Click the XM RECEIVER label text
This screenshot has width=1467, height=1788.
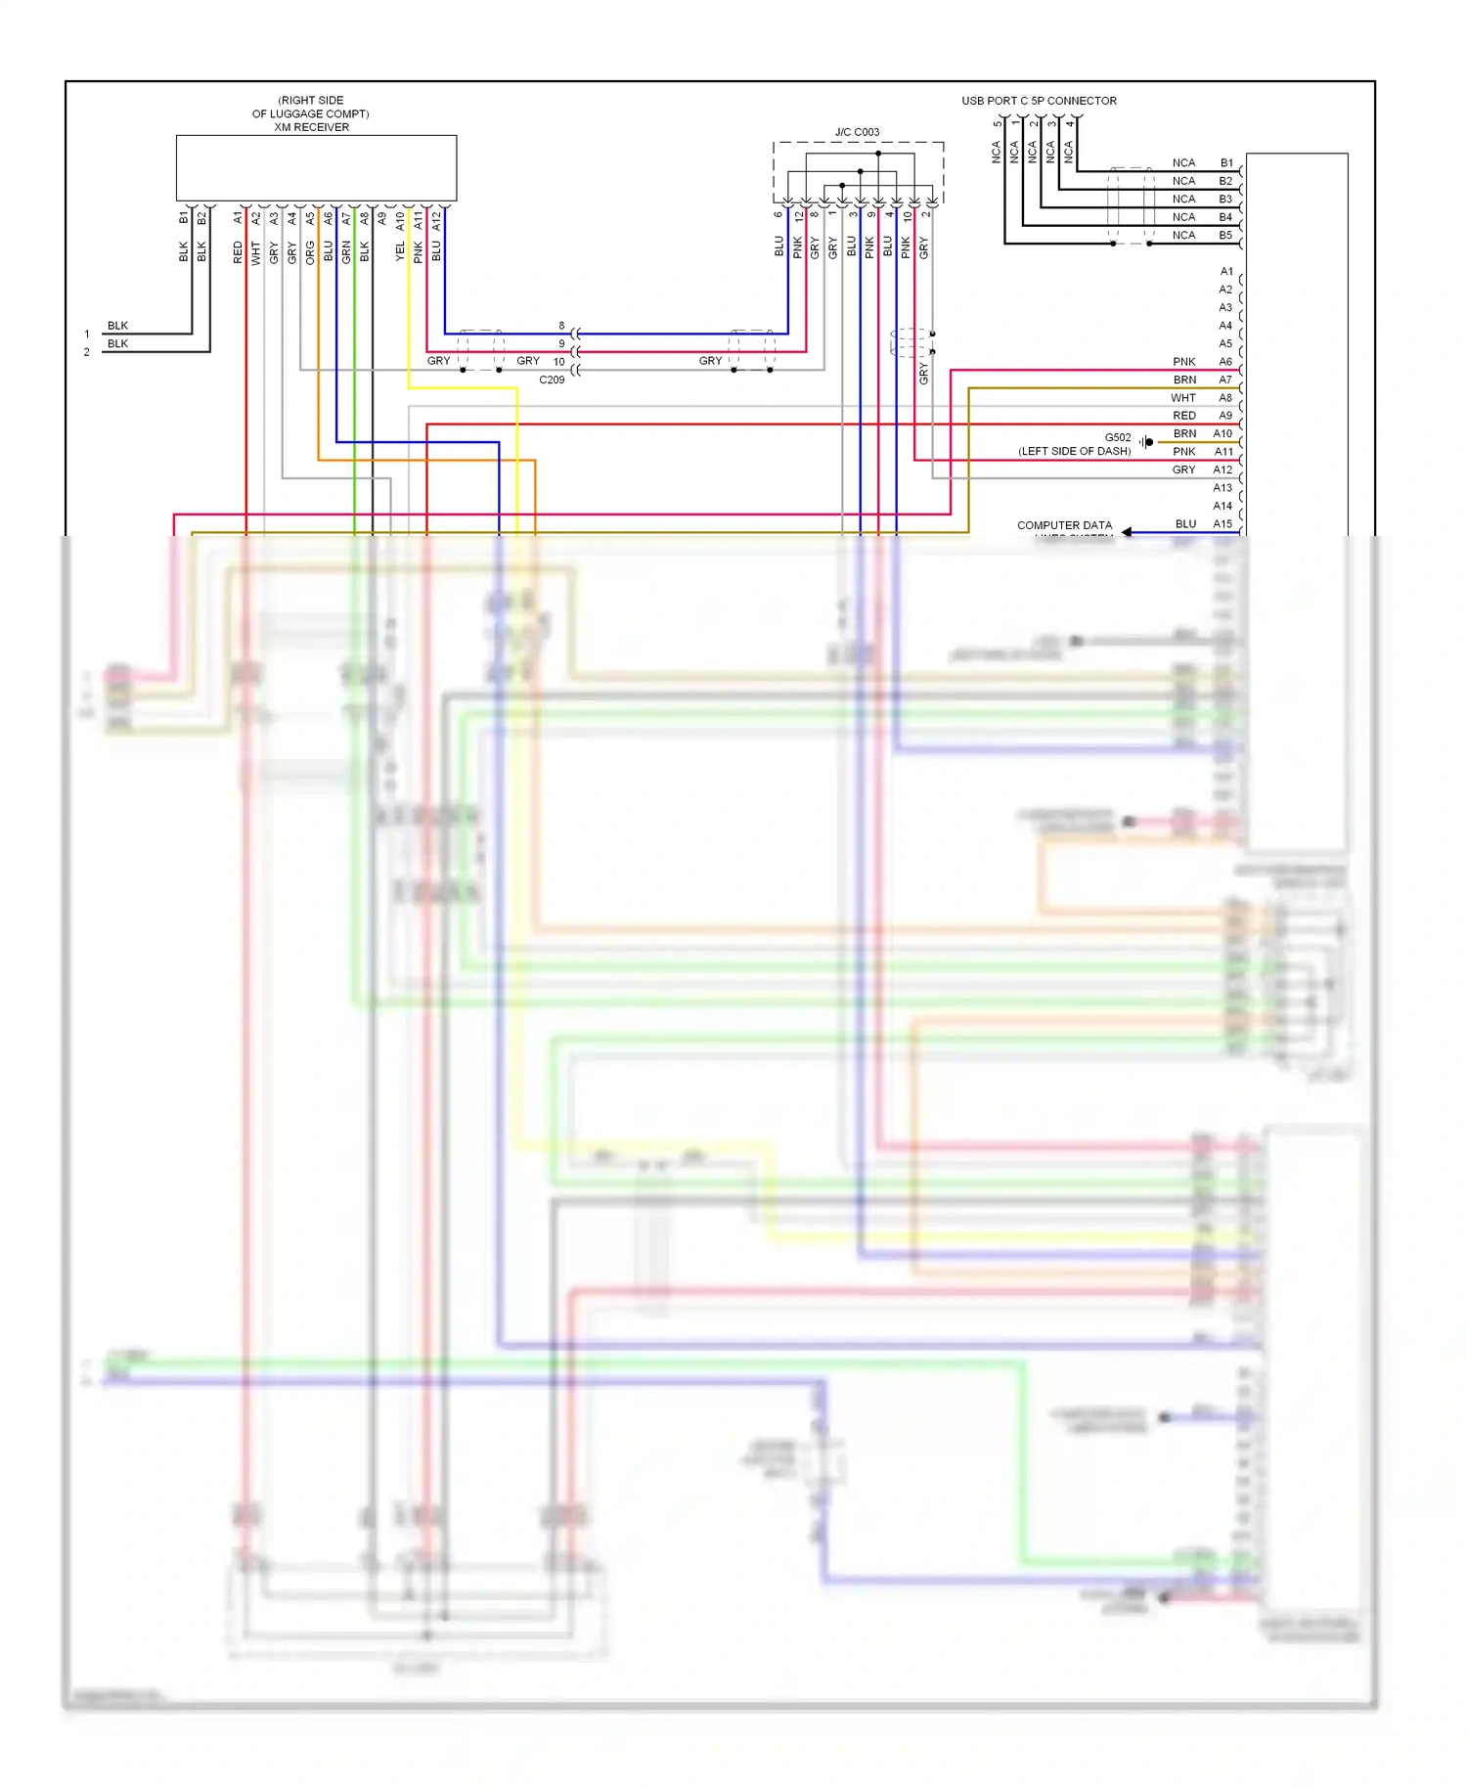tap(311, 127)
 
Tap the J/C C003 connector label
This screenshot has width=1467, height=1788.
tap(857, 132)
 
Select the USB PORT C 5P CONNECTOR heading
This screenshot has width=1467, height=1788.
tap(1039, 101)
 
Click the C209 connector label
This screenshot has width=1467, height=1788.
tap(552, 380)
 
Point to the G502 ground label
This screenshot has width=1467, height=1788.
tap(1118, 437)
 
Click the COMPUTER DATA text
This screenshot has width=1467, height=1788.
tap(1064, 525)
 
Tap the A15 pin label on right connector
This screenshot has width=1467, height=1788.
tap(1222, 524)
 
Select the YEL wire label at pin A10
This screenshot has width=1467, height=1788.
tap(400, 251)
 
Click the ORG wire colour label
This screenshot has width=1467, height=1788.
tap(310, 252)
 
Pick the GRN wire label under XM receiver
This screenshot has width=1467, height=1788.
tap(346, 252)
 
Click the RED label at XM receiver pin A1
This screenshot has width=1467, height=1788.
tap(238, 253)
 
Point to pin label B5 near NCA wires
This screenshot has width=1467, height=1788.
tap(1225, 236)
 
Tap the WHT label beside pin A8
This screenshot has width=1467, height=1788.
tap(1183, 398)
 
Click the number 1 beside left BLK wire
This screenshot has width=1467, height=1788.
tap(87, 335)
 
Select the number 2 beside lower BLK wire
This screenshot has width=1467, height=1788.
tap(87, 352)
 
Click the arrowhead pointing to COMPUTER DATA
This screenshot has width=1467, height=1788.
tap(1127, 532)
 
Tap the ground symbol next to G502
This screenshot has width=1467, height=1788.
tap(1146, 442)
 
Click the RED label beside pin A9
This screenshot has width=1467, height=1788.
tap(1184, 416)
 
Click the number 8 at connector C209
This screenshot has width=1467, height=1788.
tap(561, 326)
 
